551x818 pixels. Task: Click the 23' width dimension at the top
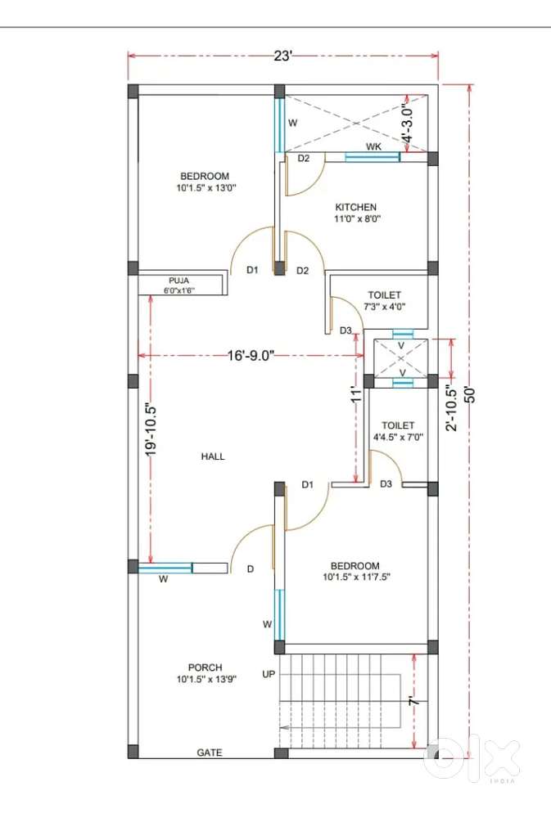[282, 56]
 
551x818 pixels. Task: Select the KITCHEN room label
[355, 207]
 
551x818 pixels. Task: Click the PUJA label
[178, 281]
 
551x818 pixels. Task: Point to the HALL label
[213, 456]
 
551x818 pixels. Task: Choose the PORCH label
[205, 667]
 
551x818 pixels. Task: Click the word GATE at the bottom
[210, 753]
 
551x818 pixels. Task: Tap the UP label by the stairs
[269, 674]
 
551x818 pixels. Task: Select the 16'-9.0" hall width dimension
[251, 356]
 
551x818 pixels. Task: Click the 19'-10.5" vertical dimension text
[151, 429]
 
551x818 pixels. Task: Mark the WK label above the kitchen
[373, 146]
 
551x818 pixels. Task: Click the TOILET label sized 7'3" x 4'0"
[385, 295]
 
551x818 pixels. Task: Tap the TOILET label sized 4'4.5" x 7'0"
[398, 425]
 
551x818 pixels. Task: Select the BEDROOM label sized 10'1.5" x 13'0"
[205, 177]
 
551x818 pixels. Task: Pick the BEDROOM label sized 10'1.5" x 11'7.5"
[355, 566]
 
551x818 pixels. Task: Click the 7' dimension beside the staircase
[413, 701]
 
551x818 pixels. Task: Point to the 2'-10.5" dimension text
[451, 407]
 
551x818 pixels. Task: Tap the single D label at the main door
[251, 569]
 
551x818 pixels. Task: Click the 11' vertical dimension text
[357, 394]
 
